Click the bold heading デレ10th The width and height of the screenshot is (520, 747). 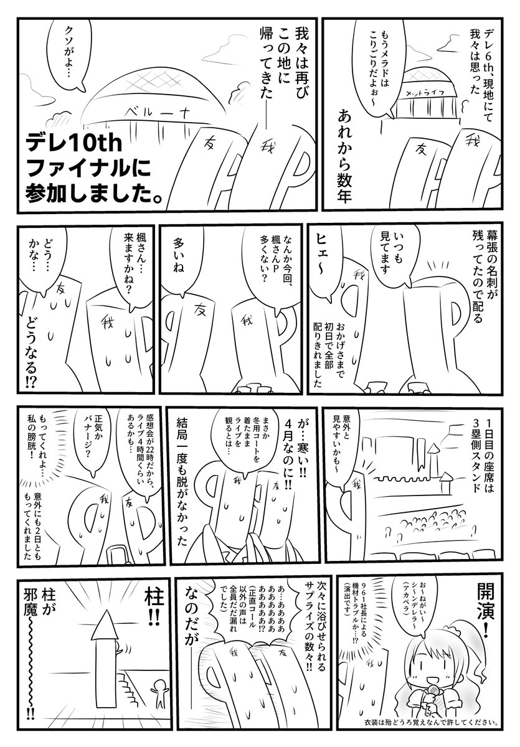[74, 144]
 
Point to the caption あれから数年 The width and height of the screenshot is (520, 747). [345, 156]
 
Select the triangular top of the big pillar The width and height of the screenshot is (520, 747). [105, 624]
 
